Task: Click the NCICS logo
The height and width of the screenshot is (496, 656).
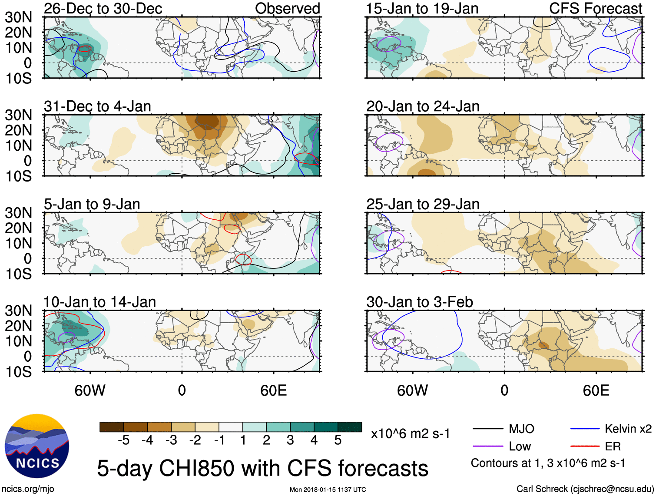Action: click(37, 446)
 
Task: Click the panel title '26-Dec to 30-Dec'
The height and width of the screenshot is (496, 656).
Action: click(103, 9)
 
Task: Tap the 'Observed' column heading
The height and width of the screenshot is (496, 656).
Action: click(287, 9)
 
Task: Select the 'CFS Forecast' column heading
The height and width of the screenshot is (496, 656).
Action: click(595, 9)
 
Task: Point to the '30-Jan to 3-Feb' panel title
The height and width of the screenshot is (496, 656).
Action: click(419, 302)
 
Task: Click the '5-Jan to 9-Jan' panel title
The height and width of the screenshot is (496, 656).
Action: click(92, 204)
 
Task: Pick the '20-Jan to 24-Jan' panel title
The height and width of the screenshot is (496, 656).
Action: click(422, 106)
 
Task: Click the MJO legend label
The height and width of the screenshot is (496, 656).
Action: click(521, 429)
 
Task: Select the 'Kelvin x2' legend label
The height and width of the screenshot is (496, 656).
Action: click(628, 429)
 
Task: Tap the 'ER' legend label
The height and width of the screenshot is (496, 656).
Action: click(613, 446)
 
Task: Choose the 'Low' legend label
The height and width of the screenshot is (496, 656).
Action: click(520, 446)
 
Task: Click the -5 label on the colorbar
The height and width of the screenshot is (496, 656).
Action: click(123, 440)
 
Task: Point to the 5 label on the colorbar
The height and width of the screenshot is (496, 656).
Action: click(338, 440)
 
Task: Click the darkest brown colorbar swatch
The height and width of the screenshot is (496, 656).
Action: click(112, 427)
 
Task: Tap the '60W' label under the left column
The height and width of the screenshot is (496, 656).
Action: click(90, 390)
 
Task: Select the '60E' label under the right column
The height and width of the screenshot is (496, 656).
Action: click(596, 390)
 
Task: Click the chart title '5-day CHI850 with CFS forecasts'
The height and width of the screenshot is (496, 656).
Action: click(262, 469)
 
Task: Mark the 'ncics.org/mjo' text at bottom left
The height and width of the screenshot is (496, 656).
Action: click(28, 489)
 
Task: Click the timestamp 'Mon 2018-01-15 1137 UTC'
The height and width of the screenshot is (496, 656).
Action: click(328, 490)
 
